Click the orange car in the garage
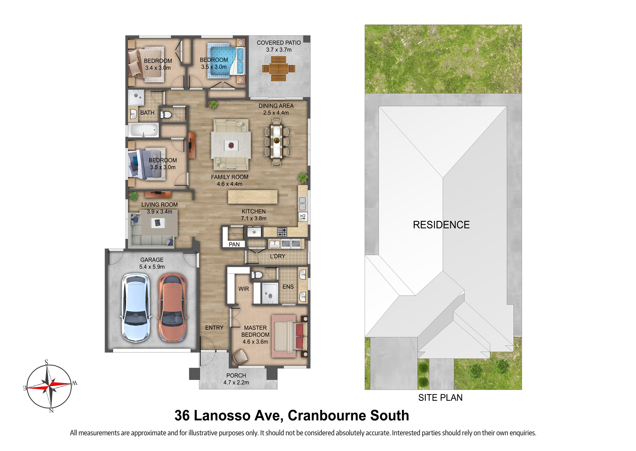172,308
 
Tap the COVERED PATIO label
279,43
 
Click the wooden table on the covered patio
279,68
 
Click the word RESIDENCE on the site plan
441,225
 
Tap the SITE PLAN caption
440,398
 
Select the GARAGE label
152,260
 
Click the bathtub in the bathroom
143,130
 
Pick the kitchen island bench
252,197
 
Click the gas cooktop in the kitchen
282,232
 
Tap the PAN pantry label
234,244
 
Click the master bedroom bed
289,336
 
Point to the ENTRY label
214,328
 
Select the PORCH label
236,376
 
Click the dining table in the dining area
276,141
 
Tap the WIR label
244,289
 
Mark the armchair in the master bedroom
240,356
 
